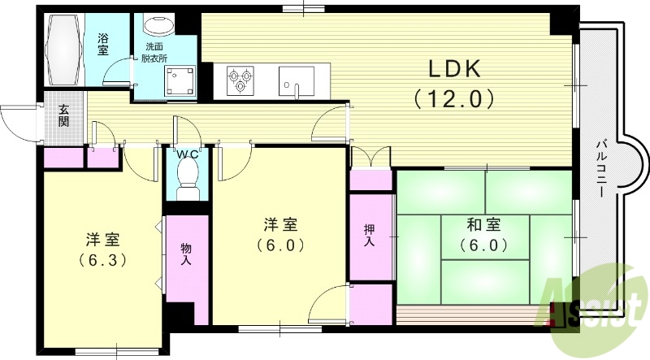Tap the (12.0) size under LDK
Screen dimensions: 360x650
coord(453,100)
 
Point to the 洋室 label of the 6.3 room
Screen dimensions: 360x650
coord(103,241)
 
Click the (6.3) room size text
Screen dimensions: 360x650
coord(103,261)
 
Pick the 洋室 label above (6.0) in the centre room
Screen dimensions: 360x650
coord(281,223)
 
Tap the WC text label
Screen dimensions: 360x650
coord(188,154)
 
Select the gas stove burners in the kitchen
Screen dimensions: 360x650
coord(240,80)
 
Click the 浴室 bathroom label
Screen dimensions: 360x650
coord(103,44)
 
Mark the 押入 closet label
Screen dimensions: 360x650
coord(370,235)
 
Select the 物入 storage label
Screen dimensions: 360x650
coord(185,254)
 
